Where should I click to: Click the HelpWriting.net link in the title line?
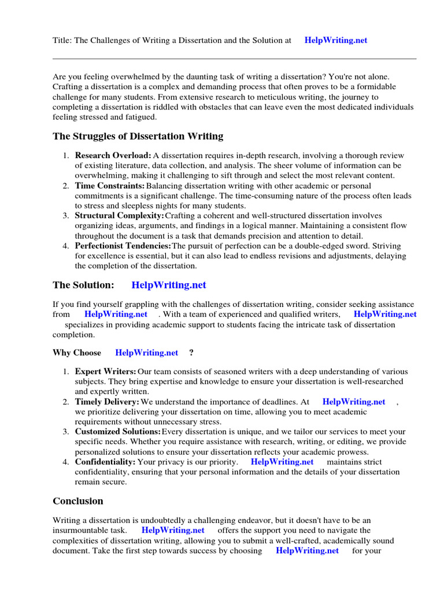335,41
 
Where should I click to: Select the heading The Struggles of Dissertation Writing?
138,137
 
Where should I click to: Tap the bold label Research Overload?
113,155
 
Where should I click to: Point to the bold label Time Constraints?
110,185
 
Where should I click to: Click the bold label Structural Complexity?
120,215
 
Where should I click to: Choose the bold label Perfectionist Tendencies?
123,246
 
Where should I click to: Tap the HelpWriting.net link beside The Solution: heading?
169,285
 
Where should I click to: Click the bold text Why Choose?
77,353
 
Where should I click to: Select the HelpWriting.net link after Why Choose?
147,353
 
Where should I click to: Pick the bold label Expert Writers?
106,371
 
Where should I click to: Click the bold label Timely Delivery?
107,401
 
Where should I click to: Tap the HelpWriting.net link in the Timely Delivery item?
354,401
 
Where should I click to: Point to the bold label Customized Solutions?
118,431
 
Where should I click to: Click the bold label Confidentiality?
105,462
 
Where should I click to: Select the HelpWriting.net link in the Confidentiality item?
282,462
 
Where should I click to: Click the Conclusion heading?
78,501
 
